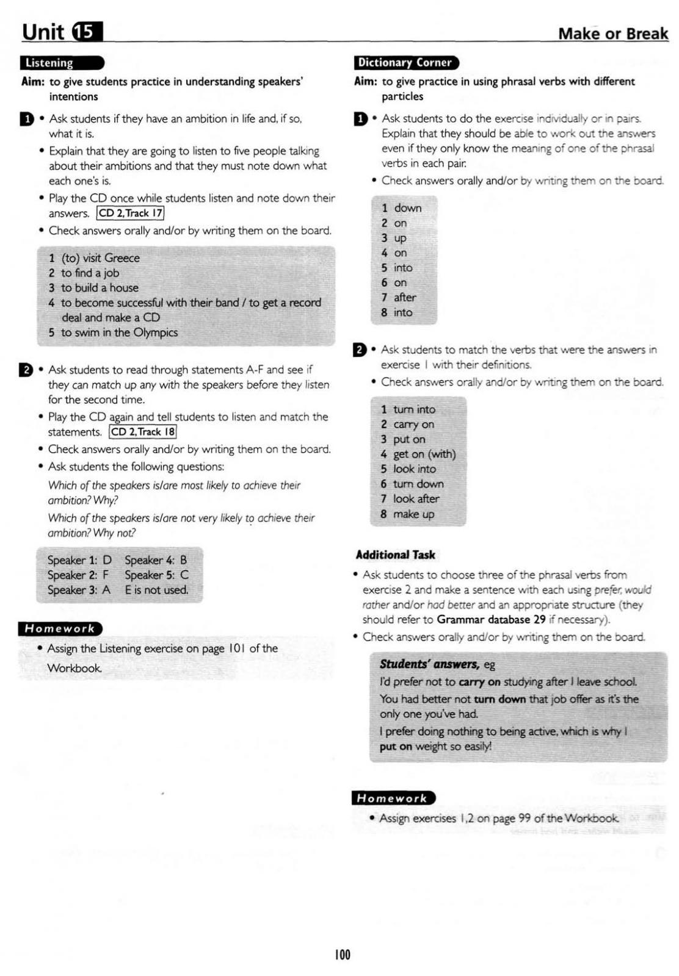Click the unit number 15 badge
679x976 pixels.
click(87, 32)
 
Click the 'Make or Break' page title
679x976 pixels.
click(612, 34)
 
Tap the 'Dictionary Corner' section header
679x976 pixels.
click(405, 63)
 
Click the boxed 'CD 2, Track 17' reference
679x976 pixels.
click(131, 213)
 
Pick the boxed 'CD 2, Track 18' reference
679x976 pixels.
click(143, 432)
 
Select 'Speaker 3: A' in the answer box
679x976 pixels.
click(79, 590)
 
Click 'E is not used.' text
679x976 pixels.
click(156, 590)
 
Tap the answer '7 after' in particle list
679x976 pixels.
click(399, 298)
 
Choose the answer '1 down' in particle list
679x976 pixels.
click(402, 208)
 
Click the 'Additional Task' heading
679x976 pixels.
click(395, 555)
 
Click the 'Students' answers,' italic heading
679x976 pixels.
click(429, 664)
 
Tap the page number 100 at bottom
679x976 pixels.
click(343, 955)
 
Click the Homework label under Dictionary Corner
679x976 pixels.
click(393, 798)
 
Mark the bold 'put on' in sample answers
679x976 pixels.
click(396, 747)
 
